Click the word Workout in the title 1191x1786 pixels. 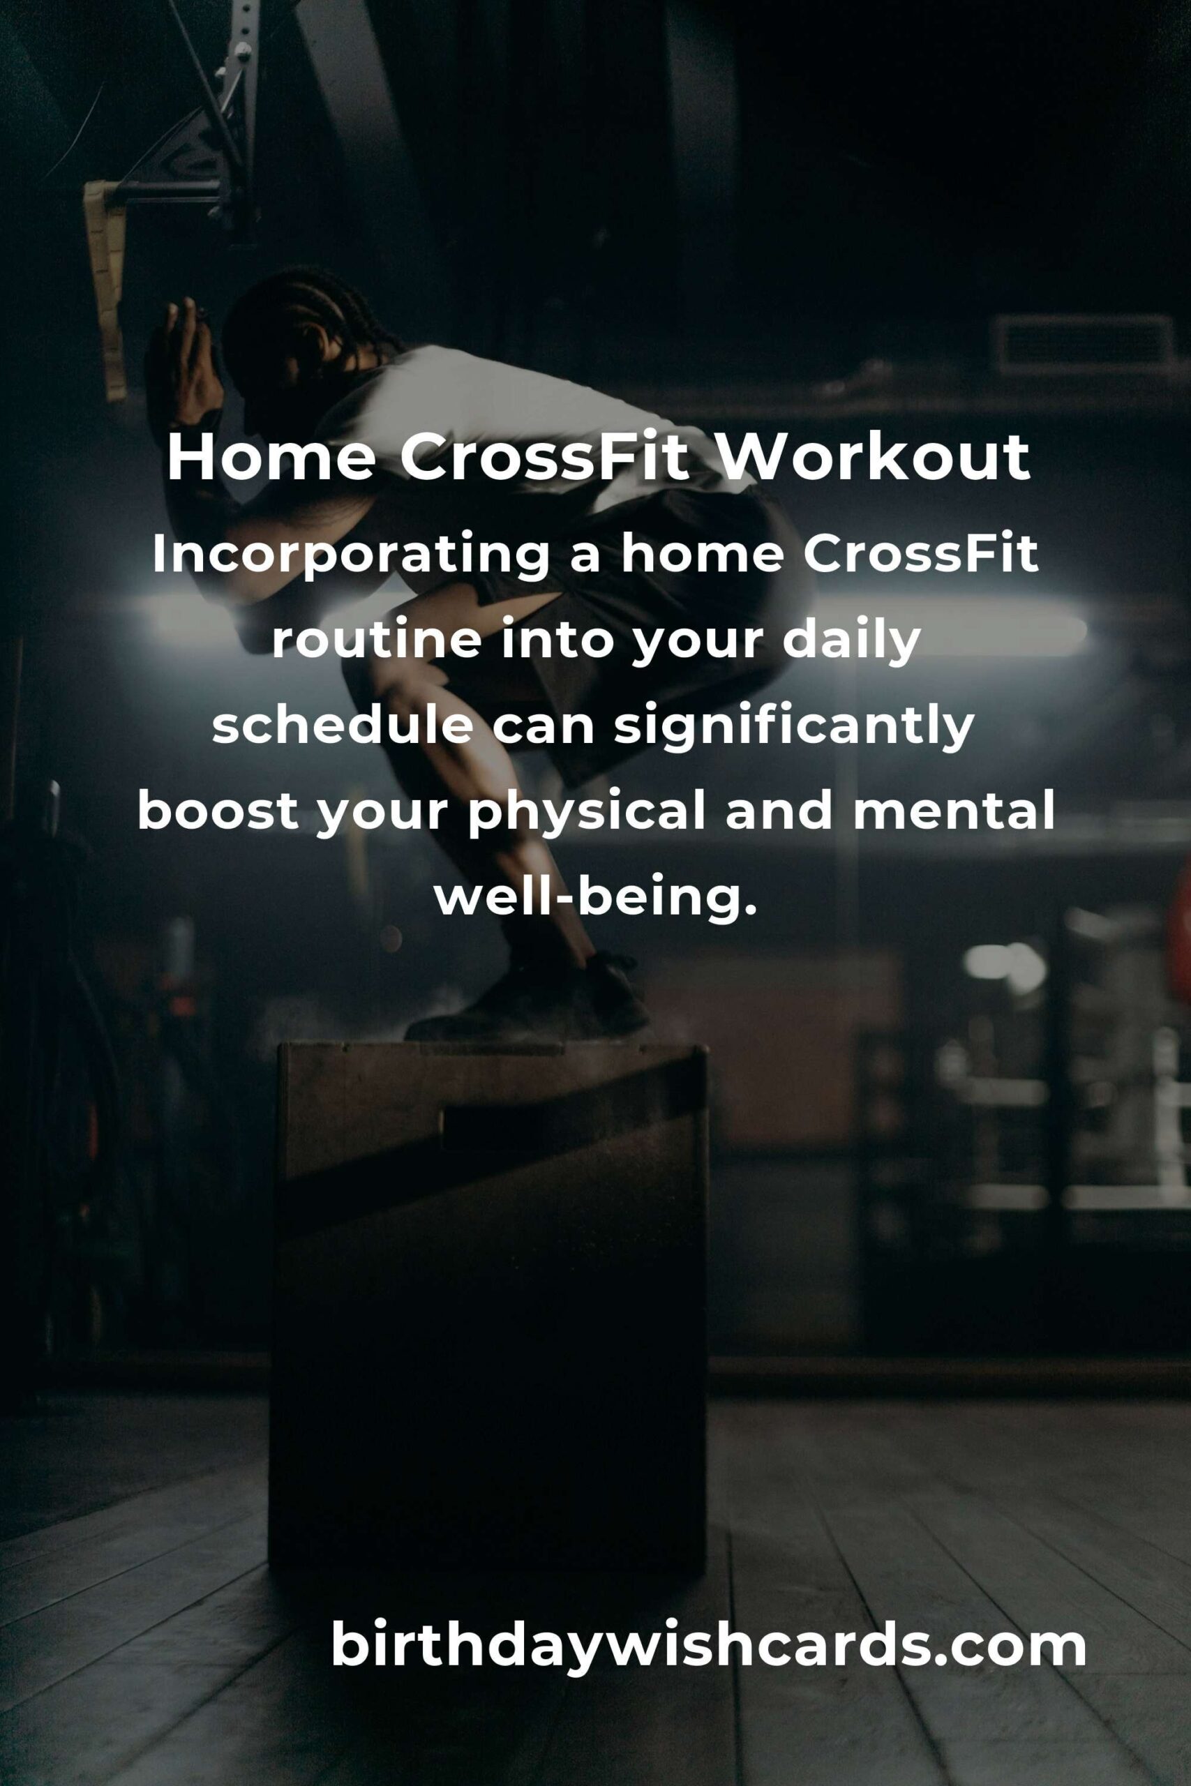tap(873, 458)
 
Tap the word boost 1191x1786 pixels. tap(218, 812)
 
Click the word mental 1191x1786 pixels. tap(954, 812)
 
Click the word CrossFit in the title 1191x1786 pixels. tap(546, 458)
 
